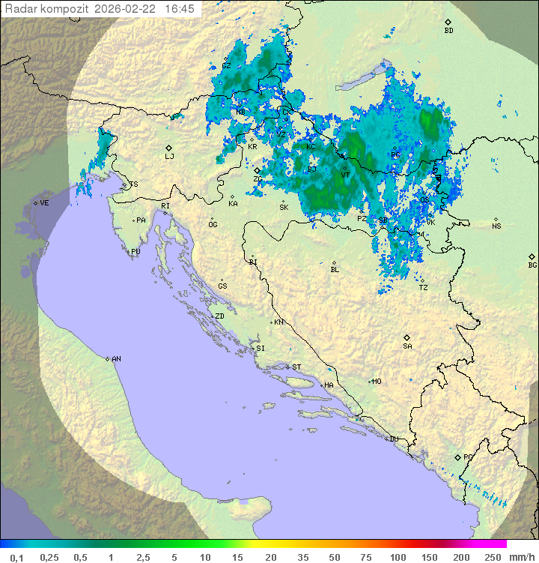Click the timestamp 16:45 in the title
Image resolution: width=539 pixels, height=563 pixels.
coord(179,9)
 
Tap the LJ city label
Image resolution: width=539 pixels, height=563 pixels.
coord(169,157)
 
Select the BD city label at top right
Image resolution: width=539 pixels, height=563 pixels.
coord(448,31)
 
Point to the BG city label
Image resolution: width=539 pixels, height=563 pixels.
coord(532,265)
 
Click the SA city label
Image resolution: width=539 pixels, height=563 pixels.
coord(407,346)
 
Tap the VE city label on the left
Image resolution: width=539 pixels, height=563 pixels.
coord(44,203)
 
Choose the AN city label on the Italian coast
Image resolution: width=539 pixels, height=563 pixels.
coord(116,359)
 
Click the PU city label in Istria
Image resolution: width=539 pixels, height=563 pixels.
coord(135,252)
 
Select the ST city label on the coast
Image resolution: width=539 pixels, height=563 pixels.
coord(296,367)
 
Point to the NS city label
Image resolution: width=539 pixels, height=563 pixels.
coord(496,226)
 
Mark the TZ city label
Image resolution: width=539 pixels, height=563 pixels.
coord(423,287)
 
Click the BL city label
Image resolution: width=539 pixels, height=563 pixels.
coord(335,269)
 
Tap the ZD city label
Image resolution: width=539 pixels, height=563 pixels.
coord(219,316)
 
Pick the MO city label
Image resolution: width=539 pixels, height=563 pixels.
coord(377,382)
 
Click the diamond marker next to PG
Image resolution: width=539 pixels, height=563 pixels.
coord(458,457)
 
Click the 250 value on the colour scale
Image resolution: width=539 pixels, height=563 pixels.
coord(492,557)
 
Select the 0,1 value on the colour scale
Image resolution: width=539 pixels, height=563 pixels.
coord(17,557)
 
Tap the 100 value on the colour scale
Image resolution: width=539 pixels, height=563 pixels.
coord(398,557)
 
